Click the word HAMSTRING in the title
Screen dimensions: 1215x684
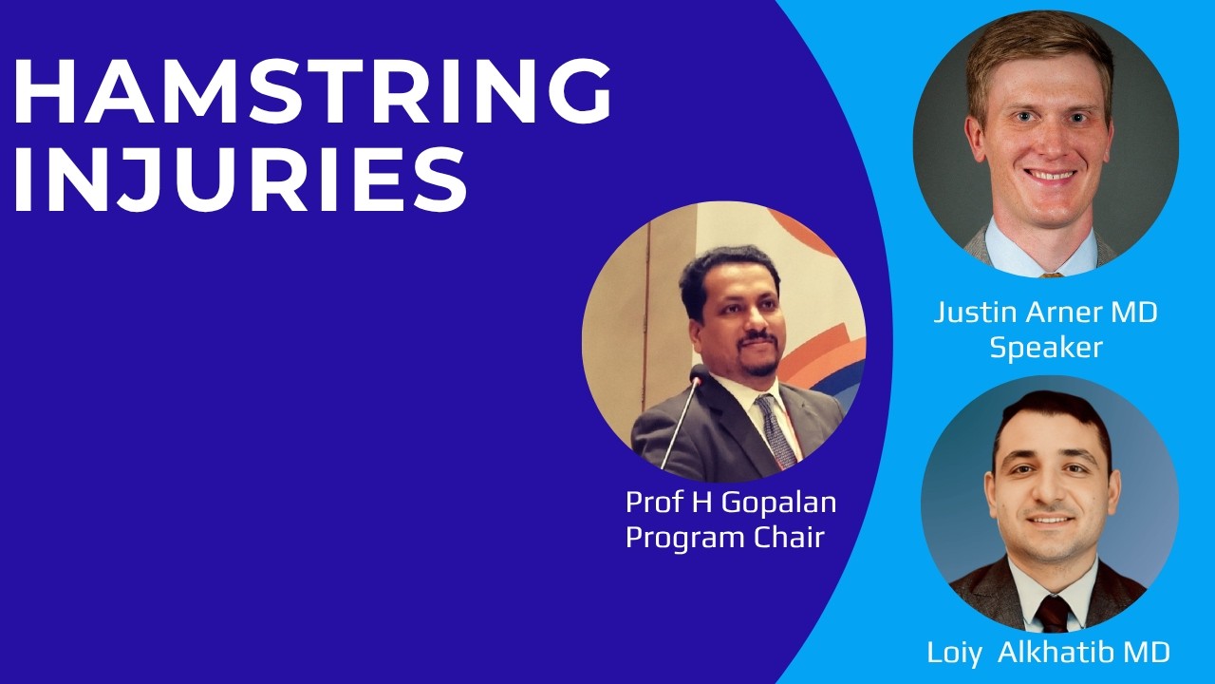[313, 91]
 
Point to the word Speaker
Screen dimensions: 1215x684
[1046, 348]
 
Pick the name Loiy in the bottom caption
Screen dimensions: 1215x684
[954, 653]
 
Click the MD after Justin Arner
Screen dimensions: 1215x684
[1134, 313]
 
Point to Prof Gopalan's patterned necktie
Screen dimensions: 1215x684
[776, 430]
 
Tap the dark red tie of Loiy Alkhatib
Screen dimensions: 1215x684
[1053, 614]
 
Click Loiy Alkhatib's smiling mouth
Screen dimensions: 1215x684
[1050, 519]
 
